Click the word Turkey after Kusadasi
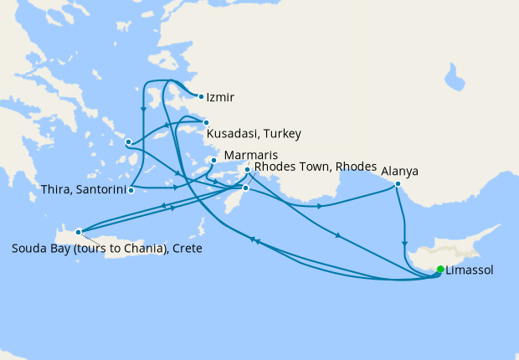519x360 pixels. (x=283, y=134)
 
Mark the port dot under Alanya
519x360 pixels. (x=398, y=184)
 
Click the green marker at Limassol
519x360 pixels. (x=440, y=270)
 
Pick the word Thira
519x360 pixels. (x=55, y=190)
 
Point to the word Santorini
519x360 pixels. (x=100, y=190)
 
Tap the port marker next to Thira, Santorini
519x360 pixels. (x=131, y=190)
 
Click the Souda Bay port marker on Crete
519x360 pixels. (x=78, y=231)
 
